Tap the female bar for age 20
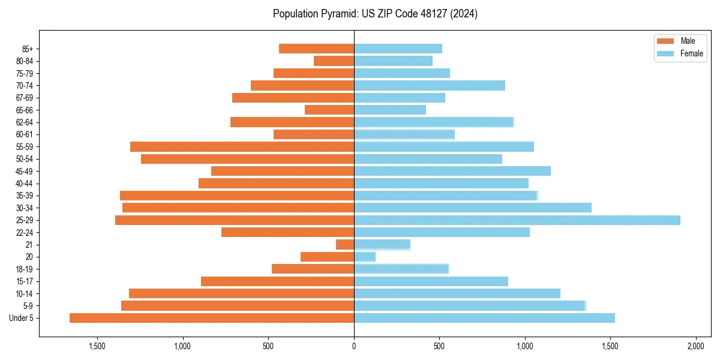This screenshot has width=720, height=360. (365, 257)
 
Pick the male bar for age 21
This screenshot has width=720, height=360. (346, 245)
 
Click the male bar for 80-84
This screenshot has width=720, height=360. (334, 61)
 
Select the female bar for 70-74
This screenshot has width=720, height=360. (430, 86)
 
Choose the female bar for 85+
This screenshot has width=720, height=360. (398, 49)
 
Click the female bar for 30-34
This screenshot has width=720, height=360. (473, 208)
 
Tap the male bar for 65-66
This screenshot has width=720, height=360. (329, 110)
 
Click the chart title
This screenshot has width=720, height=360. (375, 14)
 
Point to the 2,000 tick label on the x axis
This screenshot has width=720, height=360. (696, 346)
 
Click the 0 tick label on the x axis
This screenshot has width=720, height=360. (354, 346)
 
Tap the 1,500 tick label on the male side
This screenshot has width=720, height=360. (97, 346)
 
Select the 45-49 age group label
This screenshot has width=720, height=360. (24, 172)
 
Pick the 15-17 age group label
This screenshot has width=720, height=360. (24, 281)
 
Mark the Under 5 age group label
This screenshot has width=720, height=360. (22, 318)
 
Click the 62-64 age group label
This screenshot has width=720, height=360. (24, 122)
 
